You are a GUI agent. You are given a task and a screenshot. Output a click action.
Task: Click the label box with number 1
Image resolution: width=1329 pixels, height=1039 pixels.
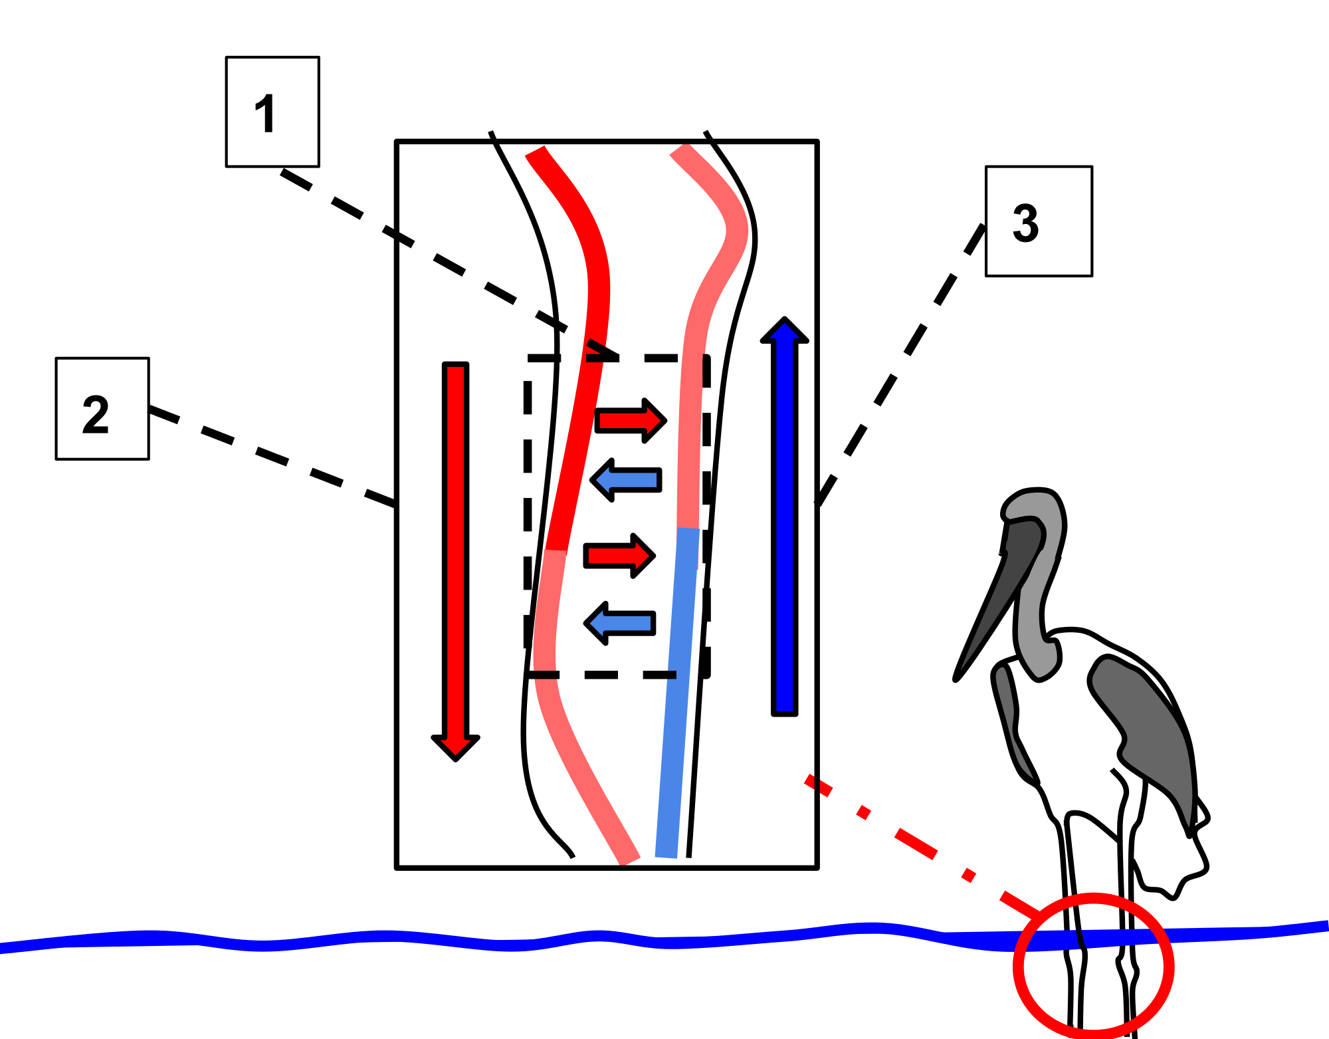coord(272,111)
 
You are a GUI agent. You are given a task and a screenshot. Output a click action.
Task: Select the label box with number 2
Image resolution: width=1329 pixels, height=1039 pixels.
coord(102,408)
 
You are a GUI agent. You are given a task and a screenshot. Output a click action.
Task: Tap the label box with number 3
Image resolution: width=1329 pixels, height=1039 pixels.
coord(1038,221)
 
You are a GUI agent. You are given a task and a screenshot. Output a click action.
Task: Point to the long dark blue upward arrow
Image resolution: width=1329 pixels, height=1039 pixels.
coord(785,519)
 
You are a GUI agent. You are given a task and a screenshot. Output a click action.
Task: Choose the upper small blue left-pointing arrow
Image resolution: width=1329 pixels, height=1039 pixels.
coord(626,480)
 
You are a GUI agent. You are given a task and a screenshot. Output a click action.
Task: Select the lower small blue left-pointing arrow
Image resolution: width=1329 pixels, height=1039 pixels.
coord(620,624)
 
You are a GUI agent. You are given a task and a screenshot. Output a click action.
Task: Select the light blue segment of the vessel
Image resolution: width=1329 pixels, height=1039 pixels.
coord(678,691)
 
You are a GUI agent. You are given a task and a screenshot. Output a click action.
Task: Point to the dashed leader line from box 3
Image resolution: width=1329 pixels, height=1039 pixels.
coord(904,359)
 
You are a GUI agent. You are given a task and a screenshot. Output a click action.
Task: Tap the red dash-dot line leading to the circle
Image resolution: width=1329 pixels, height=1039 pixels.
coord(917,844)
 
